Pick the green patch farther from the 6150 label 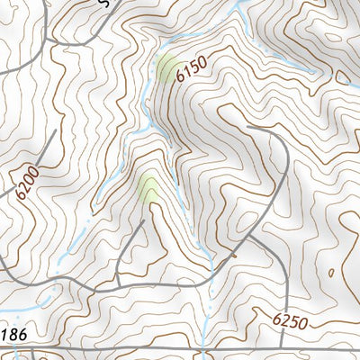[148, 188]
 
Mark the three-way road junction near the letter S [50, 40]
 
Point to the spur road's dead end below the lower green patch [142, 220]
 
